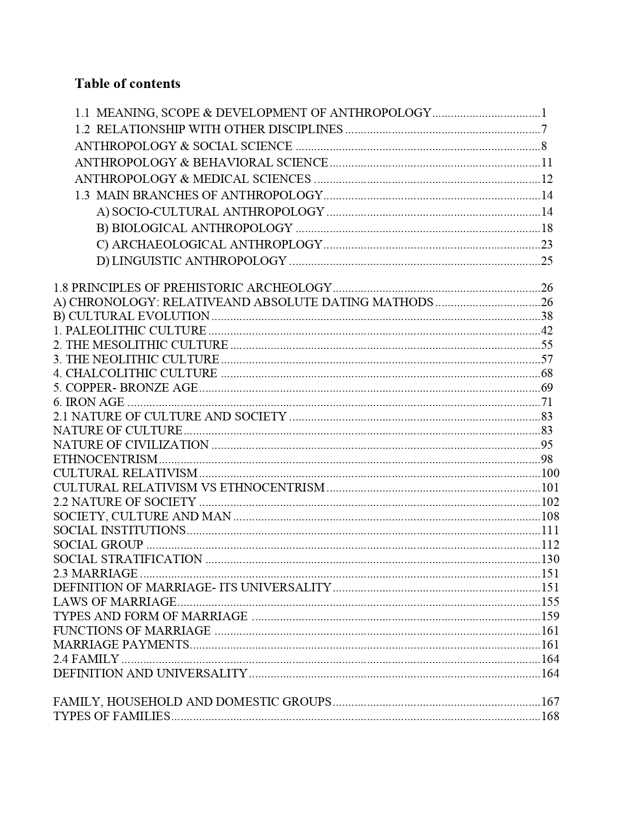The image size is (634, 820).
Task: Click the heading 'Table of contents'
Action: pyautogui.click(x=127, y=83)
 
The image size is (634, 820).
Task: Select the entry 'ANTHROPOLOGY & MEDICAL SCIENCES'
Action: pyautogui.click(x=193, y=179)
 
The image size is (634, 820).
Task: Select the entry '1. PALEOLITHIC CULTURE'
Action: pyautogui.click(x=130, y=330)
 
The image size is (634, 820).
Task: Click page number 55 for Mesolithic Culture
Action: pyautogui.click(x=546, y=345)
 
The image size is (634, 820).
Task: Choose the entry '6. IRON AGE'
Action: pyautogui.click(x=89, y=402)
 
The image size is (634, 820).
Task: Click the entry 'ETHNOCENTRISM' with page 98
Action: pyautogui.click(x=105, y=459)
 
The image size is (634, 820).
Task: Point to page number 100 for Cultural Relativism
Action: pyautogui.click(x=550, y=473)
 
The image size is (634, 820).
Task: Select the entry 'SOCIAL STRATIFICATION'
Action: pyautogui.click(x=128, y=559)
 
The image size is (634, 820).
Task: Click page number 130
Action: pyautogui.click(x=550, y=559)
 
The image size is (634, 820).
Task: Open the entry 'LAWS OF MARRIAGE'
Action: pyautogui.click(x=115, y=602)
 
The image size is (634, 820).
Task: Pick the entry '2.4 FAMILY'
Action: pyautogui.click(x=86, y=659)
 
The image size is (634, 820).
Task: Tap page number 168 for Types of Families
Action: pyautogui.click(x=550, y=716)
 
